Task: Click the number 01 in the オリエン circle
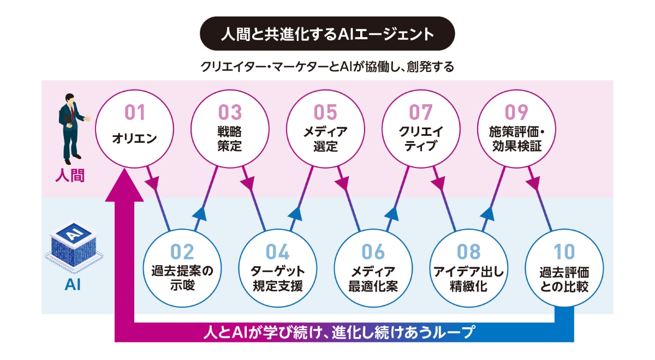(135, 113)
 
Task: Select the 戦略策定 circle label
(229, 140)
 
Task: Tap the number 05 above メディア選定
(325, 113)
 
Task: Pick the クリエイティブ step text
(421, 140)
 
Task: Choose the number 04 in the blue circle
(277, 252)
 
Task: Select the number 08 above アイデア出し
(468, 252)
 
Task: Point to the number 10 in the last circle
(564, 252)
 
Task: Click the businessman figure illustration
(72, 128)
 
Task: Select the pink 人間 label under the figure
(72, 176)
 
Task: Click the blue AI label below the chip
(72, 285)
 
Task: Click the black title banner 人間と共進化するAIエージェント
(327, 34)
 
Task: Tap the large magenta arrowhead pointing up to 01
(125, 185)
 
